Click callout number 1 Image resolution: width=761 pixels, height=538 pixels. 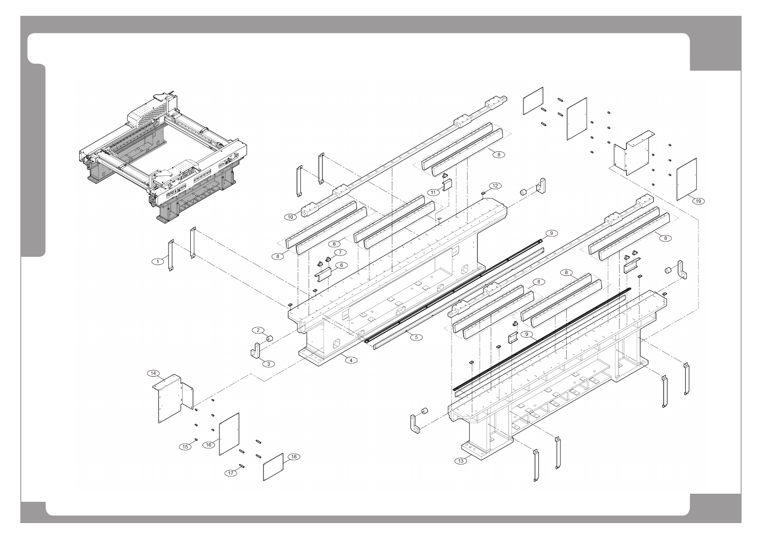coord(157,261)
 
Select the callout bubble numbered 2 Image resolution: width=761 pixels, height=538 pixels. coord(258,330)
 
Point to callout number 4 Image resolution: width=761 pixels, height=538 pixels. coord(350,360)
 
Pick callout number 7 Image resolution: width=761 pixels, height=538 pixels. coord(340,252)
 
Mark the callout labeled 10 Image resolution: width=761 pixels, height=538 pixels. coord(290,217)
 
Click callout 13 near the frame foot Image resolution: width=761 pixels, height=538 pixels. coord(460,461)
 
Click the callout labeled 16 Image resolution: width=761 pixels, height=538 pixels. coord(209,445)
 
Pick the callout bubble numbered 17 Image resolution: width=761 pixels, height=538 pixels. coord(231,473)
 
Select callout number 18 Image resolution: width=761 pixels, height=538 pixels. coord(293,457)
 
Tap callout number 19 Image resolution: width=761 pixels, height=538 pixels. coord(699,201)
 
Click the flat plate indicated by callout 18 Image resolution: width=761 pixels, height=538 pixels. coord(273,467)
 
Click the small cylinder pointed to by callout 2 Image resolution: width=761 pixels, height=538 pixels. coord(269,338)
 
